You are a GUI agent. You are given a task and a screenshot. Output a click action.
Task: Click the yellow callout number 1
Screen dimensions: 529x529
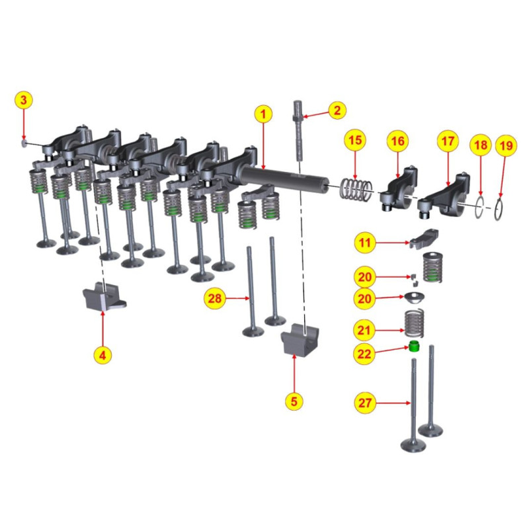tap(263, 114)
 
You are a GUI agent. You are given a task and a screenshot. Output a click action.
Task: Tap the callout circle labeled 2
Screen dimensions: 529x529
tap(336, 110)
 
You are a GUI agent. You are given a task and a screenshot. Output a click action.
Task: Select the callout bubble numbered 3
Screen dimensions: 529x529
tap(24, 101)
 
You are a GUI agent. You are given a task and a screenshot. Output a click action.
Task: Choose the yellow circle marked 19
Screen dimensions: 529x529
tap(506, 145)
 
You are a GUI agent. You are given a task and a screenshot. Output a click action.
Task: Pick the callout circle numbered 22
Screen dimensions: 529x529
tap(365, 353)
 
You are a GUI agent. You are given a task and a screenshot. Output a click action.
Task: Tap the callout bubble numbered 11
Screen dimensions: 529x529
tap(365, 243)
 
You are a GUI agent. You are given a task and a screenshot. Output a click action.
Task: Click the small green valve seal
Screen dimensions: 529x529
tap(415, 347)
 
